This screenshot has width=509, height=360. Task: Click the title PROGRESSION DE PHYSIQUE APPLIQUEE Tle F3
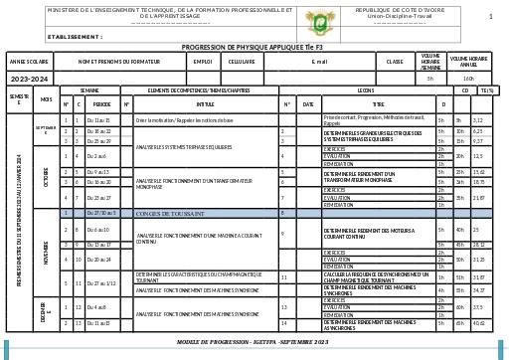click(254, 47)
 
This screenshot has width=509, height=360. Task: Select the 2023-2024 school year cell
click(29, 78)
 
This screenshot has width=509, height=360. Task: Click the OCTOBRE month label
click(47, 174)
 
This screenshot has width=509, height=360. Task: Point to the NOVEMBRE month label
click(47, 253)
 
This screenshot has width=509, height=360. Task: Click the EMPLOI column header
click(203, 61)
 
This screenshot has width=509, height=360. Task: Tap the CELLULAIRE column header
click(242, 61)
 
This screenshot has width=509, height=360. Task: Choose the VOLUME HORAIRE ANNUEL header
click(469, 61)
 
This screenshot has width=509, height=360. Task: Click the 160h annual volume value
click(469, 78)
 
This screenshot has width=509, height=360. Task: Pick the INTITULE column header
click(205, 103)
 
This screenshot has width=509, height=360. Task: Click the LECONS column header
click(365, 90)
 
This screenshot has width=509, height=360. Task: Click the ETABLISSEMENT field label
click(75, 36)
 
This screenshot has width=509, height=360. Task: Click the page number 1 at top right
click(490, 17)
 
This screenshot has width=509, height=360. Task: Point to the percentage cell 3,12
click(478, 119)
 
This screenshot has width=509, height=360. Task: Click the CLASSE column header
click(395, 61)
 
